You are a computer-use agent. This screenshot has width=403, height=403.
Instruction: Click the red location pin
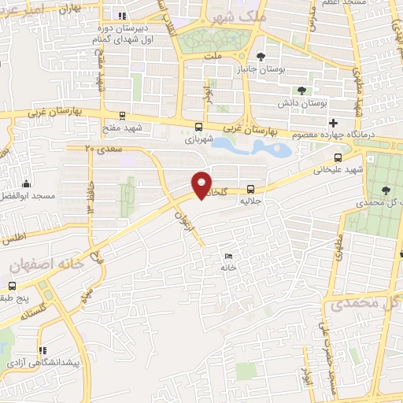[202, 185]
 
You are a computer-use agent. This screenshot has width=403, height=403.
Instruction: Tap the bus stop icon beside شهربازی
[199, 127]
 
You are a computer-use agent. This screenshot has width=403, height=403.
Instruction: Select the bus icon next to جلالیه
[250, 189]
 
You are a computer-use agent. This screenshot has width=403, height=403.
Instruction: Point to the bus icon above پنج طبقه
[10, 288]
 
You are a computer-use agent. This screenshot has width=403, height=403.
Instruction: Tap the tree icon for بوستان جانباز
[261, 56]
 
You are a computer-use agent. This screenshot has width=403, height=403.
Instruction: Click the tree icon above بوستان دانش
[301, 91]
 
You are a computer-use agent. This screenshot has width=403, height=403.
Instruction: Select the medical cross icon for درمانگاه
[334, 123]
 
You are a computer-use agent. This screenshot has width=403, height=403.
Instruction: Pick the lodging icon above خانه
[228, 256]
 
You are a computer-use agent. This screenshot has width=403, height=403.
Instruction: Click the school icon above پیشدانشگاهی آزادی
[43, 350]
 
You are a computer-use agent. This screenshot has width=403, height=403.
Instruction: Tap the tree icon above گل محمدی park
[386, 190]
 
